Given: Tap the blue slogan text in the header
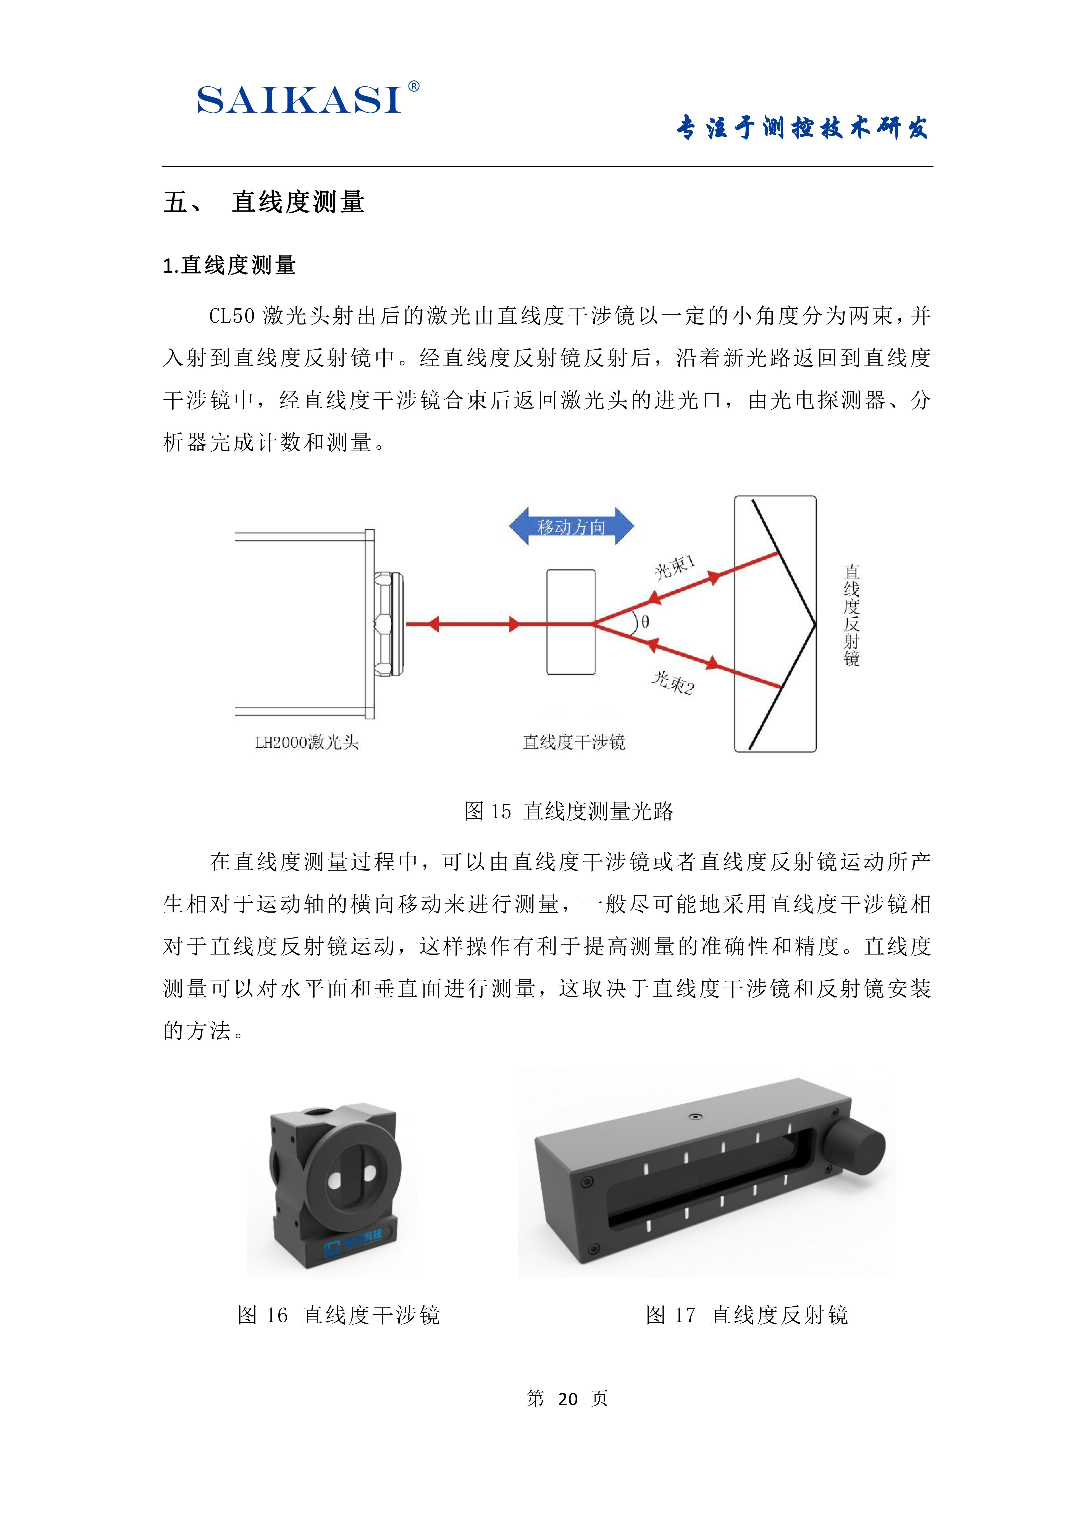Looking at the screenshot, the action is click(x=802, y=128).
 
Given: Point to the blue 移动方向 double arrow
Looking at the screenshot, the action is click(x=571, y=527).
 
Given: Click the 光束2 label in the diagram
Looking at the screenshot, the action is click(x=673, y=683).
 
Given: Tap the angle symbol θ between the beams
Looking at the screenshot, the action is click(x=645, y=622).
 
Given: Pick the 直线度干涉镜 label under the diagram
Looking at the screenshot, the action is click(x=574, y=742).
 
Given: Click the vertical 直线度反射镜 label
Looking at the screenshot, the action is click(x=852, y=615).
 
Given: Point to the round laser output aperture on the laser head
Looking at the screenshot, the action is click(x=389, y=624).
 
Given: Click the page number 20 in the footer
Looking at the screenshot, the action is click(x=568, y=1399).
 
